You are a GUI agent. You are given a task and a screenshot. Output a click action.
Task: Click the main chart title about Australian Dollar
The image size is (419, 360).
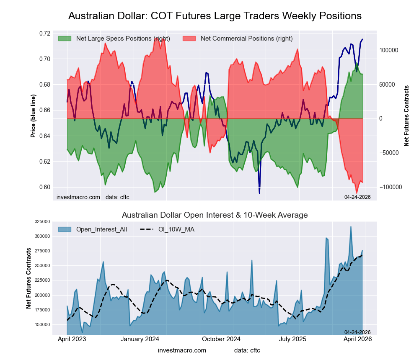pos(215,16)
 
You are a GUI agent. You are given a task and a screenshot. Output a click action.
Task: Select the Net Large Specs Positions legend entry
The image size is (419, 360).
pos(123,39)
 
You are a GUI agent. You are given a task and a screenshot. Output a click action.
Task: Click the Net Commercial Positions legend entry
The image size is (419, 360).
pos(246,39)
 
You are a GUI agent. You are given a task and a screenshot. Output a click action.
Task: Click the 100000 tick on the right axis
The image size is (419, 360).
pos(388,50)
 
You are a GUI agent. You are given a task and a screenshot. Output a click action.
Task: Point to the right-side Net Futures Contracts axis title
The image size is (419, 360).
pos(406,116)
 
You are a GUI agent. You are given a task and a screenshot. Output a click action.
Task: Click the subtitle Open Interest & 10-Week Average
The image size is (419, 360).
pos(215,215)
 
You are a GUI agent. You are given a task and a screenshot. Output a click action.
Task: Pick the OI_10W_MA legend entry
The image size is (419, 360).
pos(176,229)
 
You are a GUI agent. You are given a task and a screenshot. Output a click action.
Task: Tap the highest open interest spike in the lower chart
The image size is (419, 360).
pos(351,227)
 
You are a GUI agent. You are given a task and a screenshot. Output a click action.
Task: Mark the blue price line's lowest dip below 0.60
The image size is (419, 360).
pos(259,193)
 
